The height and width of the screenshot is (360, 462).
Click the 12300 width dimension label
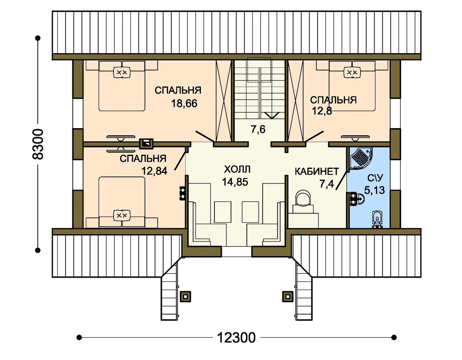[236, 337]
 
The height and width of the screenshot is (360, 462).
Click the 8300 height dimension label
[38, 144]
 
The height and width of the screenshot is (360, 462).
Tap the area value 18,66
[184, 103]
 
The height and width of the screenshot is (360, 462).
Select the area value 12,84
[154, 171]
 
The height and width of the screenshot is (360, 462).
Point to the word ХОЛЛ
[237, 169]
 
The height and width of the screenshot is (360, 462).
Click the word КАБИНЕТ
[316, 172]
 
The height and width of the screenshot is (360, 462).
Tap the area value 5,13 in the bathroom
[374, 190]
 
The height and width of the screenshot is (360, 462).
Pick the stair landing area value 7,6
[258, 129]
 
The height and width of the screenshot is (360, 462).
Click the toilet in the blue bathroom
[377, 219]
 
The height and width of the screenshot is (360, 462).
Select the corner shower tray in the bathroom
[360, 158]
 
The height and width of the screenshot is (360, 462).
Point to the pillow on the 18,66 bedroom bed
[122, 72]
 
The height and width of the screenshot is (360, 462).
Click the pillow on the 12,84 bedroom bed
[122, 215]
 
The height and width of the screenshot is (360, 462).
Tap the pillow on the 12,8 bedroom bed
[352, 72]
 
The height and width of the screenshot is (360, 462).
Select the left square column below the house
[186, 297]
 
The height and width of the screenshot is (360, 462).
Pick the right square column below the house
[288, 297]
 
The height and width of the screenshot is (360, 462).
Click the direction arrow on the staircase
[272, 115]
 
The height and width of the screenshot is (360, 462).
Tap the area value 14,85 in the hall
[235, 182]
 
